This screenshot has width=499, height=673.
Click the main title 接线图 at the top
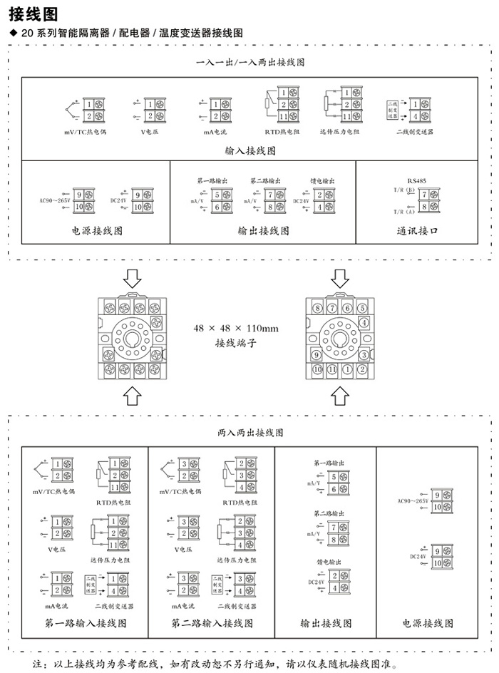click(x=28, y=14)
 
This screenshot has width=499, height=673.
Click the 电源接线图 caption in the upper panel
click(x=97, y=231)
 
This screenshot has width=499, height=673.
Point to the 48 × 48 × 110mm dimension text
click(x=235, y=329)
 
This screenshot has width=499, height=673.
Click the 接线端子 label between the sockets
click(x=235, y=343)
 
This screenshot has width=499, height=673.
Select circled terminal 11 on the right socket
click(x=332, y=369)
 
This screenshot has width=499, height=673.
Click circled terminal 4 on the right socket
click(x=363, y=322)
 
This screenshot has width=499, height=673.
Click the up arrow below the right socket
click(x=340, y=394)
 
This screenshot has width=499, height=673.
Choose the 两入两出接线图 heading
click(x=250, y=433)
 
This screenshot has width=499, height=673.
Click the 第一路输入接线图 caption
click(x=85, y=623)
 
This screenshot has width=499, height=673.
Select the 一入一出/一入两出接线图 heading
click(x=250, y=63)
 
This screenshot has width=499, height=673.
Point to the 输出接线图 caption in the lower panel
click(x=326, y=623)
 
